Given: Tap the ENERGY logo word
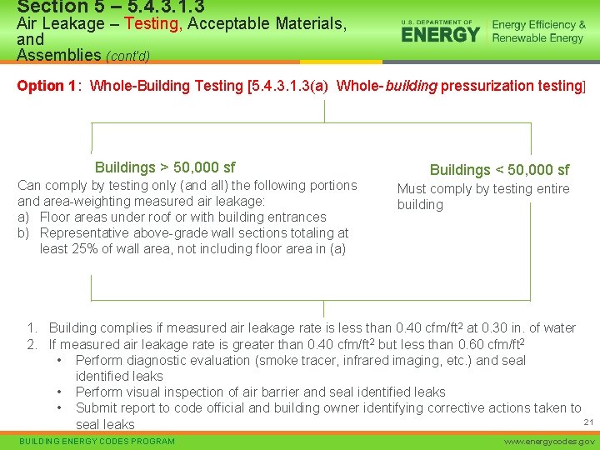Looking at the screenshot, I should [x=441, y=34].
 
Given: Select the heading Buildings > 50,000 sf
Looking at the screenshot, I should [x=165, y=167].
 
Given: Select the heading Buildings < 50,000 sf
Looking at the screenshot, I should [x=499, y=170].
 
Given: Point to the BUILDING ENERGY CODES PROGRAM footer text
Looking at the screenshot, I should [x=97, y=441].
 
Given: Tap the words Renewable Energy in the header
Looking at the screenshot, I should [x=537, y=38].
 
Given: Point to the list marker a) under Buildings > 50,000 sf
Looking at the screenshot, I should [x=25, y=217].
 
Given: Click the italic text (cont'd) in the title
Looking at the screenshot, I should [x=127, y=57].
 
